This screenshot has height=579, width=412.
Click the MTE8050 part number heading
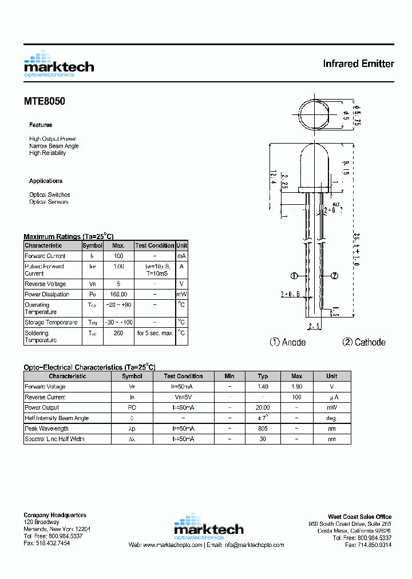pos(44,101)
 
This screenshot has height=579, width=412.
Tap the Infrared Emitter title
pos(358,64)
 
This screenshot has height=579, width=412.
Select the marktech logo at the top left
pos(58,64)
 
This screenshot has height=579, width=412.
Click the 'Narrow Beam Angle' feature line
pos(54,146)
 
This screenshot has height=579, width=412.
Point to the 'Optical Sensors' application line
pos(49,202)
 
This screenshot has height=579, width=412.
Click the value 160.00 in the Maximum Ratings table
pos(118,295)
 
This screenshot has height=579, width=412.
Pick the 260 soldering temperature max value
pos(118,333)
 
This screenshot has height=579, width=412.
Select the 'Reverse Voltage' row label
pos(45,284)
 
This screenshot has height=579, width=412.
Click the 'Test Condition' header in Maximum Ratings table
pos(154,245)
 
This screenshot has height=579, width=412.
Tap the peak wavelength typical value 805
pos(263,429)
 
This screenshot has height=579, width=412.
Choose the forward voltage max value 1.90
pos(296,387)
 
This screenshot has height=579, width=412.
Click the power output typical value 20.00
pos(263,408)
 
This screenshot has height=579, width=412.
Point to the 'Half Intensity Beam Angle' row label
pos(57,418)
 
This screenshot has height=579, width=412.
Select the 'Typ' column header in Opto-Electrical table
pos(263,376)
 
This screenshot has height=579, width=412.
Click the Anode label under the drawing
pos(288,342)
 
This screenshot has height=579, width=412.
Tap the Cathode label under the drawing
pos(364,342)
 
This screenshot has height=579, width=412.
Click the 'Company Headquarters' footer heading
pos(55,515)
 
